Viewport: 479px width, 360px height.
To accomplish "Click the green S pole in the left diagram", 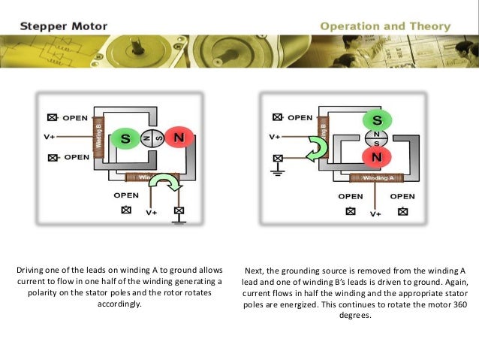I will point(125,139).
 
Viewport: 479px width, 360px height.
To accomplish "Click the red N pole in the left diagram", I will point(178,139).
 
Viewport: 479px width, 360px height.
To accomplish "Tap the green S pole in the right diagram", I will point(377,120).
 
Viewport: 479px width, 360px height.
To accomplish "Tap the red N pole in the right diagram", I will point(377,156).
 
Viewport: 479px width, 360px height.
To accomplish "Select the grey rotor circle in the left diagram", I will point(152,139).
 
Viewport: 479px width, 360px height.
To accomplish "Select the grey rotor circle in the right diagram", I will point(377,138).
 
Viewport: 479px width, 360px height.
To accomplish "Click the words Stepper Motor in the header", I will point(64,27).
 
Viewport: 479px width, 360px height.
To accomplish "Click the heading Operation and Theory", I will point(385,27).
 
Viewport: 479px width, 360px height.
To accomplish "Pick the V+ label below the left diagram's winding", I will point(151,213).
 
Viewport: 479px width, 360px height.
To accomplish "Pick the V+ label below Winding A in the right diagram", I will point(375,213).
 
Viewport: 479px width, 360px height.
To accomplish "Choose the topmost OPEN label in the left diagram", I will point(75,118).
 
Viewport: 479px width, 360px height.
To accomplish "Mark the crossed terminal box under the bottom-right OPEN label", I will point(403,210).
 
